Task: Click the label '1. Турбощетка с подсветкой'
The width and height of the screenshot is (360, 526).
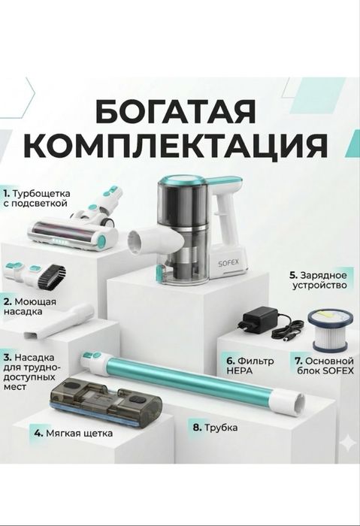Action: (35, 198)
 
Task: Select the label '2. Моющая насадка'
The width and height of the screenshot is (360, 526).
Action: (29, 305)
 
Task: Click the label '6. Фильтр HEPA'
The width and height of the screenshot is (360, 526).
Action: (250, 365)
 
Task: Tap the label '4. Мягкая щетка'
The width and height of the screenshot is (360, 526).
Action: (73, 434)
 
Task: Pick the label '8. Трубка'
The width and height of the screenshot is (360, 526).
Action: (215, 428)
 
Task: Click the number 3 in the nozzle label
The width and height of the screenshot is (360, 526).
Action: (7, 357)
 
